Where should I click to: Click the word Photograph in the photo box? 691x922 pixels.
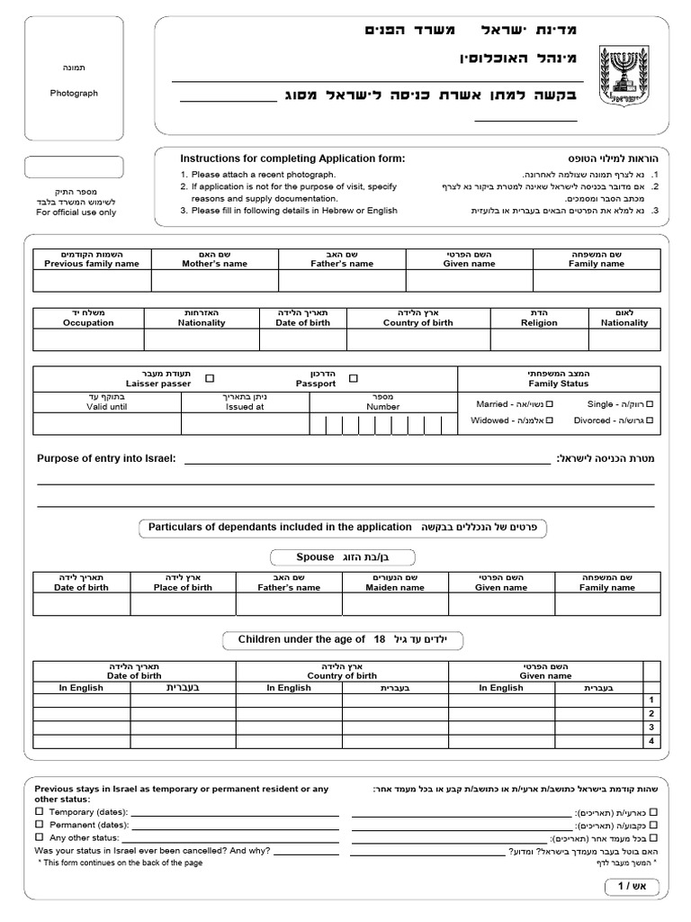pos(74,93)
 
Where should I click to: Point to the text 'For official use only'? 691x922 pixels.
pos(76,212)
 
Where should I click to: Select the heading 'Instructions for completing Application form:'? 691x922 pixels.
pos(292,158)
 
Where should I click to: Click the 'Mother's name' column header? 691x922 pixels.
pos(214,264)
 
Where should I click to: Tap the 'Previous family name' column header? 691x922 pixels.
pos(92,264)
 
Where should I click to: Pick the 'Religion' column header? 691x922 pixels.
pos(539,322)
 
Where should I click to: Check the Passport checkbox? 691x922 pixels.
pos(353,379)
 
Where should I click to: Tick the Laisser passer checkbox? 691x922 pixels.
pos(210,379)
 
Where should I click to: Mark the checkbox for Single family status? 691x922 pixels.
pos(650,404)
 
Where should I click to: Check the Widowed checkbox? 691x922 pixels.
pos(549,420)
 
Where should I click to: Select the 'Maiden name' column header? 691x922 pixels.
pos(394,587)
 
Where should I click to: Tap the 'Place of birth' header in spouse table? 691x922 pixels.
pos(183,587)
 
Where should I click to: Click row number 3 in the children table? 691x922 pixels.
pos(650,727)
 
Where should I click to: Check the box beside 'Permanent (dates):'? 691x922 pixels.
pos(39,824)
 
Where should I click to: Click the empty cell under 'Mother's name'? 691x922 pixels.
pos(214,281)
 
